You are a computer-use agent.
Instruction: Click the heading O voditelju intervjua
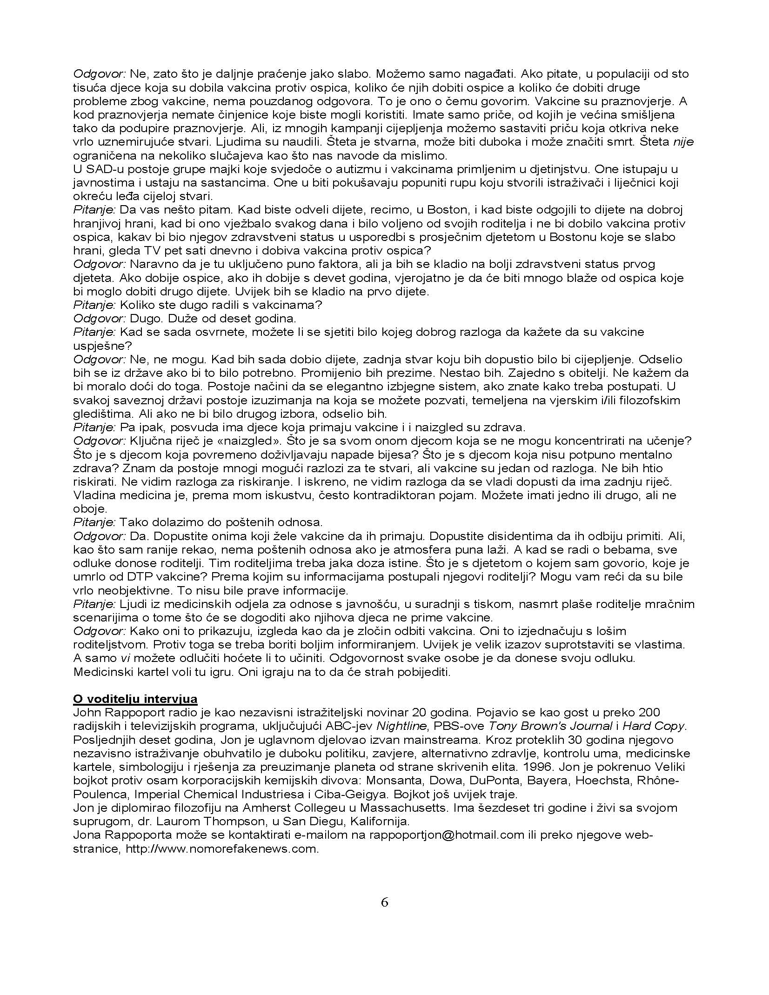coord(135,699)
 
